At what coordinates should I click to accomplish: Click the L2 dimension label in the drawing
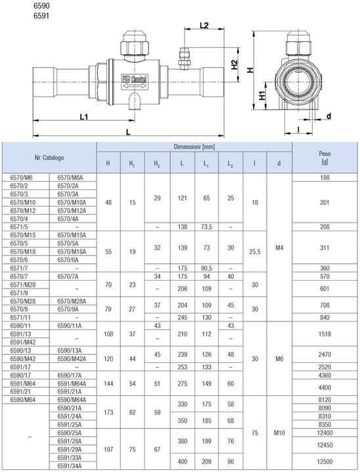click(204, 25)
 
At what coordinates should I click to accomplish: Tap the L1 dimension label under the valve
click(84, 116)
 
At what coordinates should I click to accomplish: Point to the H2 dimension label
click(235, 64)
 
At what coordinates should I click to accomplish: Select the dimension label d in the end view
click(328, 116)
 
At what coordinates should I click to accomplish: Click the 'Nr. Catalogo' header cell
click(49, 157)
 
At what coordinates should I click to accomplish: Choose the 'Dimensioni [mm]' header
click(194, 147)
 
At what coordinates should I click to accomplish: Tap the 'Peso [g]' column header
click(325, 157)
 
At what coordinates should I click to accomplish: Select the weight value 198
click(325, 177)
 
